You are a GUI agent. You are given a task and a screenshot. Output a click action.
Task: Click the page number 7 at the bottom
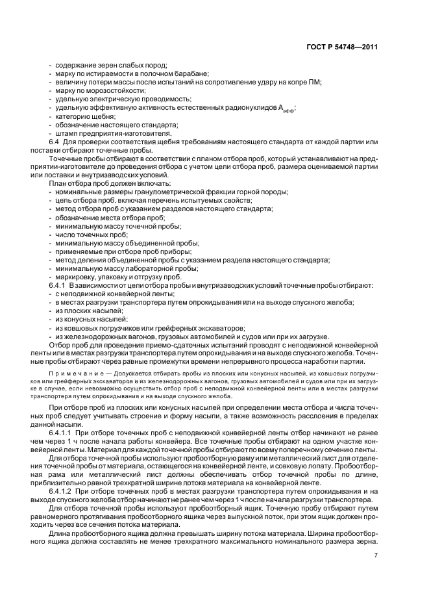coord(376,554)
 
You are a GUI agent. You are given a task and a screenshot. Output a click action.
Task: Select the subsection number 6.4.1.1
coord(61,432)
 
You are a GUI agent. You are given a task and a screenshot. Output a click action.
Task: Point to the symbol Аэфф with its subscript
coord(286,108)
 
